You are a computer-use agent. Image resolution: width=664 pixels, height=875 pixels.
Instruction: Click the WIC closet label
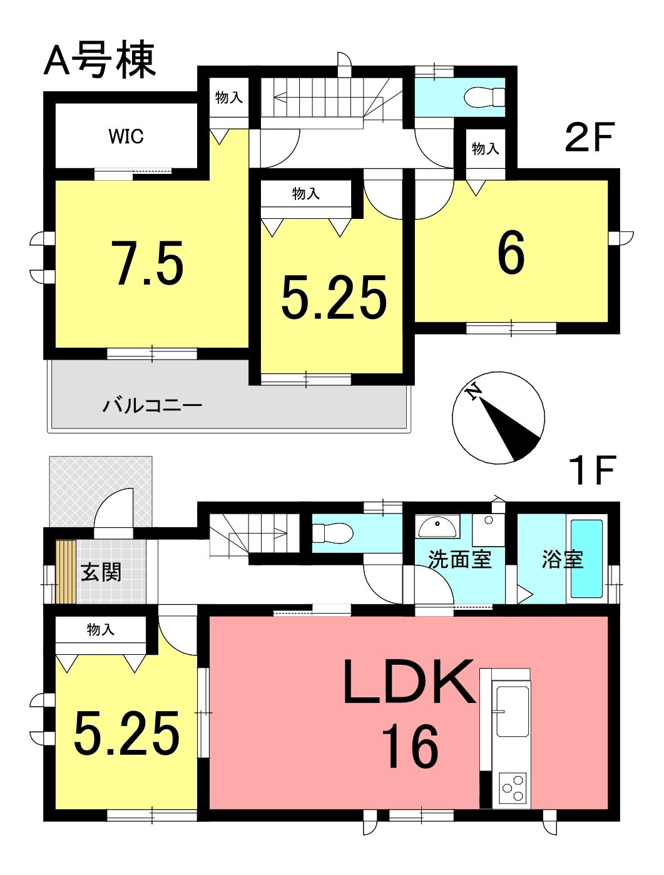point(126,136)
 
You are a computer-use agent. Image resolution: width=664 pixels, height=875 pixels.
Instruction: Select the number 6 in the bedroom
point(511,252)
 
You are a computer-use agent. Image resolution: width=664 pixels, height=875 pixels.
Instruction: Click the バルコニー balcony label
point(152,406)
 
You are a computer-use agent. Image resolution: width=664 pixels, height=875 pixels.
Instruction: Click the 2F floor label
point(588,137)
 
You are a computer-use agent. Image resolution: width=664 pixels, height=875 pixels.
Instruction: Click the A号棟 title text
point(100,60)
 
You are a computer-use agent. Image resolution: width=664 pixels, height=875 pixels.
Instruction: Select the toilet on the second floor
point(485,98)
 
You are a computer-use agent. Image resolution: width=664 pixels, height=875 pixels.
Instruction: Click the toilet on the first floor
point(332,533)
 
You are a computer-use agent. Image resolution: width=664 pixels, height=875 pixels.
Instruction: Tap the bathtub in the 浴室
point(586,559)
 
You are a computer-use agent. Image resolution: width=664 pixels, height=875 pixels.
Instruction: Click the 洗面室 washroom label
point(459,559)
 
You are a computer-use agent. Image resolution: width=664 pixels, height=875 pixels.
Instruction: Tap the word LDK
point(409,682)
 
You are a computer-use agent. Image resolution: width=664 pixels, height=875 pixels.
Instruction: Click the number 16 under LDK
point(411,746)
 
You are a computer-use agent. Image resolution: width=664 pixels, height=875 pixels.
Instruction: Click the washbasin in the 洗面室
point(437,527)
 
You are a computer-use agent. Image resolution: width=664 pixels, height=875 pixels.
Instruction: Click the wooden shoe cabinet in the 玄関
point(66,571)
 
